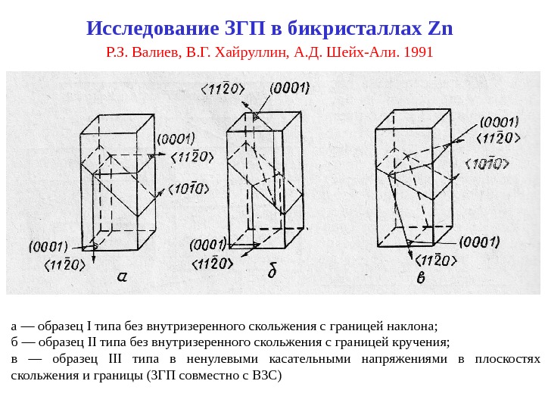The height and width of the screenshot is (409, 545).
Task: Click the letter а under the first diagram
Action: (x=122, y=276)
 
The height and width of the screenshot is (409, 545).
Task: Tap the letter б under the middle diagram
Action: (x=273, y=270)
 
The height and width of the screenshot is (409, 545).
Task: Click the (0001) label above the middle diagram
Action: (x=290, y=88)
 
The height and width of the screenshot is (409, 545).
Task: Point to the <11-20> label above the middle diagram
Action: (x=223, y=89)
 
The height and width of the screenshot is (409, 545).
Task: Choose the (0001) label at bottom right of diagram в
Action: (x=478, y=242)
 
